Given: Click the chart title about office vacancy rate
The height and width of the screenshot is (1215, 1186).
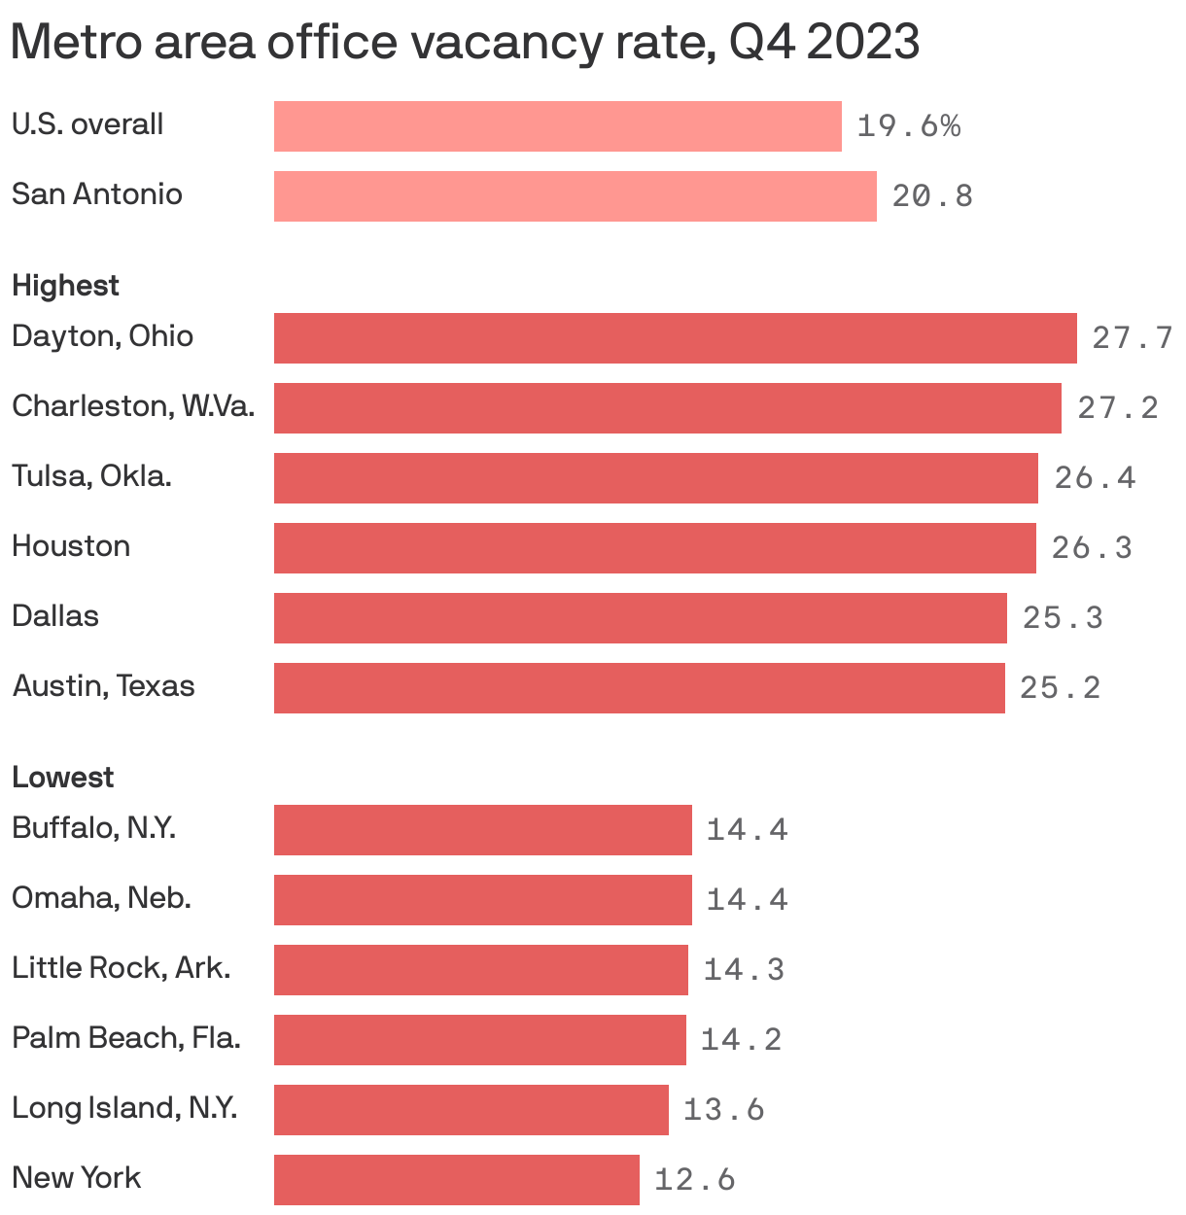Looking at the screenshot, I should [465, 43].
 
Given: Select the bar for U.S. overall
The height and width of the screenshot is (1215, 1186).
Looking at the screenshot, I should [557, 126].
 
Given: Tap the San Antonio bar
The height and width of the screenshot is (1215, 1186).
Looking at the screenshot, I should [575, 196].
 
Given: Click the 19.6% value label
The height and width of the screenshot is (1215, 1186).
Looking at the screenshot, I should [908, 126].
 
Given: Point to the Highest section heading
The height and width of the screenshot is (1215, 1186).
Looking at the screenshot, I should [65, 286].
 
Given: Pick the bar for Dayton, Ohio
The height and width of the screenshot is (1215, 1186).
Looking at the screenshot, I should [675, 338].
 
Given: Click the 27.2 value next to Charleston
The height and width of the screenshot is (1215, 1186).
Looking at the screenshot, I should [1118, 408].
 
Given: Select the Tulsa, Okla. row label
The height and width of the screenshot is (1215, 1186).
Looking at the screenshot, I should [91, 476].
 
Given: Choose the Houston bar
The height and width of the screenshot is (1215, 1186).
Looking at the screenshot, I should [654, 548].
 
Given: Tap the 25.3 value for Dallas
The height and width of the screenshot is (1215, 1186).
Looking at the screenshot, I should [1063, 618].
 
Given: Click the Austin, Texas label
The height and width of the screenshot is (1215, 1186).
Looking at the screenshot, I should [103, 686].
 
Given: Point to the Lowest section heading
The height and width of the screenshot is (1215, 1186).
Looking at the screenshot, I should [62, 778].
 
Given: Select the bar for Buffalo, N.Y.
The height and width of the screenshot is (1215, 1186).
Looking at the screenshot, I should [482, 830].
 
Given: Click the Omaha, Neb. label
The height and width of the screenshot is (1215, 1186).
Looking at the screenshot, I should [101, 898].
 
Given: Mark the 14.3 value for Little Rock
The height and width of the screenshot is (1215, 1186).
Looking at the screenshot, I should [744, 970].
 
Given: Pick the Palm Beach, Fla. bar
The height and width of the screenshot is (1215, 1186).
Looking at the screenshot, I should [479, 1040].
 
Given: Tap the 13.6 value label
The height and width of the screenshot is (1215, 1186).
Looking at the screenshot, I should [724, 1110].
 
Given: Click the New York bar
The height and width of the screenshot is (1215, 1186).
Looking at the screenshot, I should [456, 1180].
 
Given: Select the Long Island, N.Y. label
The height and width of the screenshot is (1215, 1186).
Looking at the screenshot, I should [124, 1108].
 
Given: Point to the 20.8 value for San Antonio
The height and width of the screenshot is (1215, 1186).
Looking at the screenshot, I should [932, 196].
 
